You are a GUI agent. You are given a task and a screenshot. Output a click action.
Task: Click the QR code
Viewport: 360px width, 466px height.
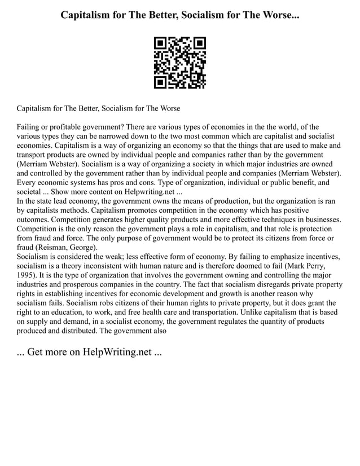(180, 63)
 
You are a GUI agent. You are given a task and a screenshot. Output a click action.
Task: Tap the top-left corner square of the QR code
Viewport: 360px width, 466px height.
(160, 43)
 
